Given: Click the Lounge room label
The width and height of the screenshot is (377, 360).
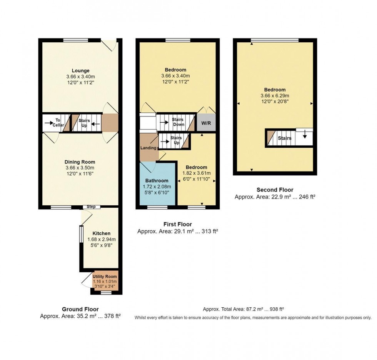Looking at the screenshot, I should pos(80,70).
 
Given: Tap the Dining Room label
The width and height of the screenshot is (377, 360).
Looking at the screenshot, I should pos(80,162).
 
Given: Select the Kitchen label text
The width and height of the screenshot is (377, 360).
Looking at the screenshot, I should pos(101,233).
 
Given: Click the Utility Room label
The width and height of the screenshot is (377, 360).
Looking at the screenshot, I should pos(105,277).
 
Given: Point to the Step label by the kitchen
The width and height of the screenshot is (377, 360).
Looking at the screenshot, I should pos(91,207).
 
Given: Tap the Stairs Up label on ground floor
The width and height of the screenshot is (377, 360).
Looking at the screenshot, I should pos(84,123).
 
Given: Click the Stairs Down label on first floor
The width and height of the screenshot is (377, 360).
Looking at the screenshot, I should pos(178,122).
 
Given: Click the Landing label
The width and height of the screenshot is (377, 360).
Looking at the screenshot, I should pos(148,148).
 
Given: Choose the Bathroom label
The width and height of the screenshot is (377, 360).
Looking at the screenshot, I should pos(157,180).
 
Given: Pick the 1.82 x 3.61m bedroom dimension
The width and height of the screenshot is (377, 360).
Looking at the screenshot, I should pos(196,173).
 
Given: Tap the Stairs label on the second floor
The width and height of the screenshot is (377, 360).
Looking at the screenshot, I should pos(285,138).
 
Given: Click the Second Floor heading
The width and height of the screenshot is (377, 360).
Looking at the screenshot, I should pos(275,190).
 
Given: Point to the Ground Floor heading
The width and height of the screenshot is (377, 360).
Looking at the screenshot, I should pos(80,309).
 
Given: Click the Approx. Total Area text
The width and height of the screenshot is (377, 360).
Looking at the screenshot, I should pos(243,309).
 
